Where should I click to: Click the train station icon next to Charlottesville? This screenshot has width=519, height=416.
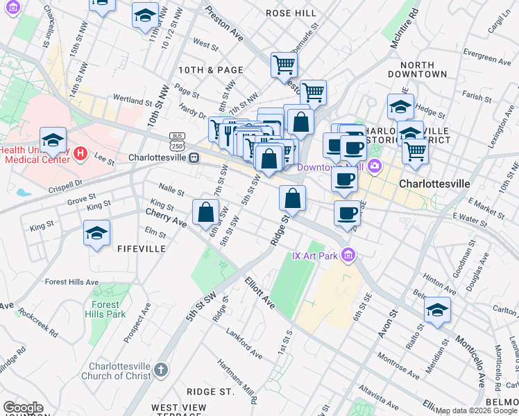pyautogui.click(x=195, y=157)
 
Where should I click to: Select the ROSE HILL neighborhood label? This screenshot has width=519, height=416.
pyautogui.click(x=291, y=13)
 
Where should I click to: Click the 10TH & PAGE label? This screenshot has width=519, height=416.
pyautogui.click(x=211, y=70)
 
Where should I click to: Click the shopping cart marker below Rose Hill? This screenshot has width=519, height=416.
pyautogui.click(x=284, y=65)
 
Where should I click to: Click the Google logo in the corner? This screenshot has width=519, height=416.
pyautogui.click(x=24, y=408)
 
